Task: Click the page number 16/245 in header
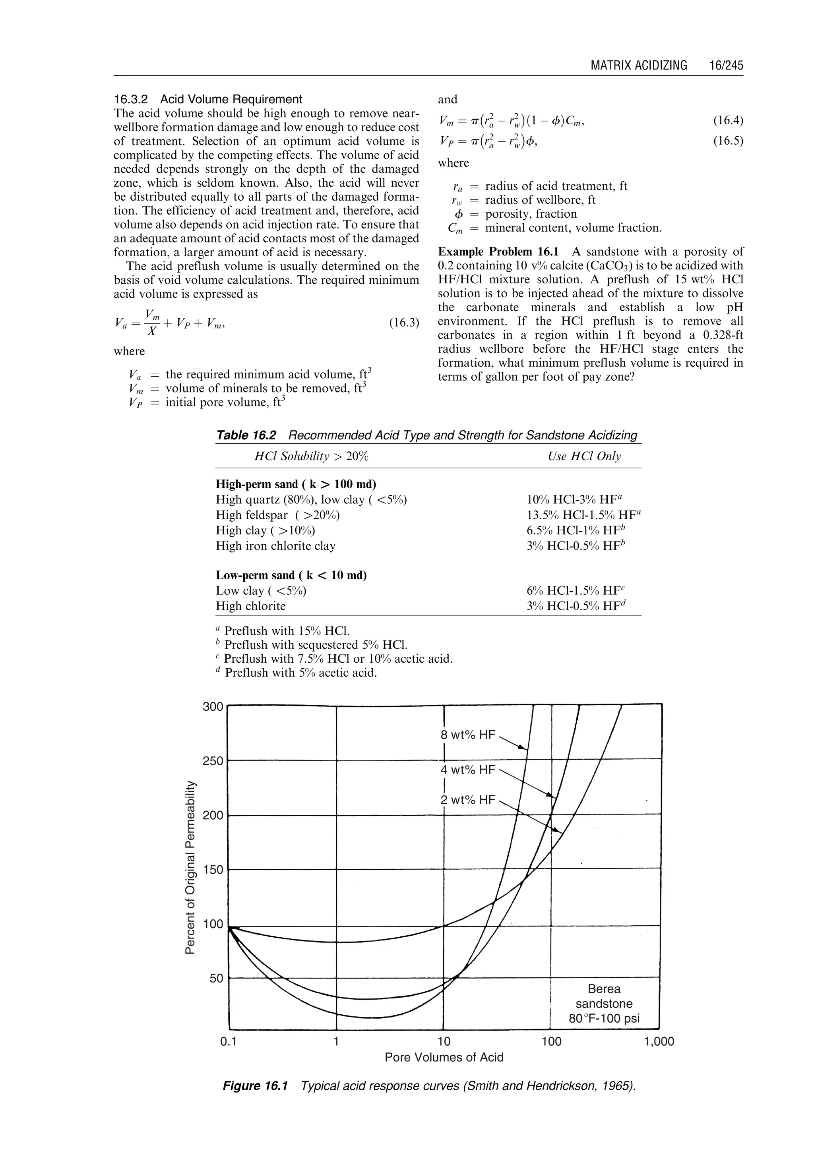[x=726, y=66]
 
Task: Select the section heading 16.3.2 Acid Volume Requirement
[x=208, y=99]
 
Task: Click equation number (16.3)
[x=403, y=322]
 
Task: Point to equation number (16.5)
[x=728, y=141]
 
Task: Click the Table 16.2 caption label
[x=246, y=435]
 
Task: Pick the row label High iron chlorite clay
[x=276, y=545]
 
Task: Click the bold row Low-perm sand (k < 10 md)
[x=291, y=575]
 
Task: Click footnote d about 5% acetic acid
[x=296, y=673]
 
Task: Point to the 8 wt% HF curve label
[x=467, y=735]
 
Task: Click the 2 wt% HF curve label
[x=467, y=800]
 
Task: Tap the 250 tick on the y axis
[x=213, y=761]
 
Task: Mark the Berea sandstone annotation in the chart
[x=604, y=1004]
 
